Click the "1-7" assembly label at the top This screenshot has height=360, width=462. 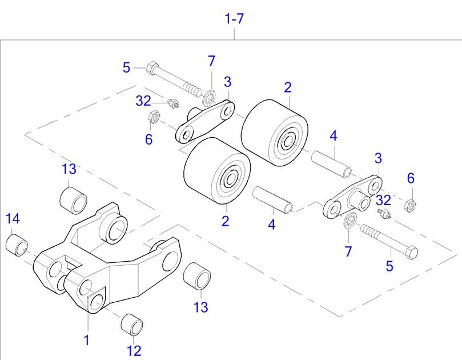pos(235,19)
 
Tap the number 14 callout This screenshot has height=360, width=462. pos(13,218)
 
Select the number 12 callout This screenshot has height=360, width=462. pos(134,350)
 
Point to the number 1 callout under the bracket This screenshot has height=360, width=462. pos(87,340)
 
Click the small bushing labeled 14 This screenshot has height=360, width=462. pos(17,244)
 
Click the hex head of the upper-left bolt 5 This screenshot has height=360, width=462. pos(152,69)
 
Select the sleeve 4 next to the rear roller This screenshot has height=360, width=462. pos(332,162)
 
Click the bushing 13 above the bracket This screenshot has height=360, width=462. pos(74,197)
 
